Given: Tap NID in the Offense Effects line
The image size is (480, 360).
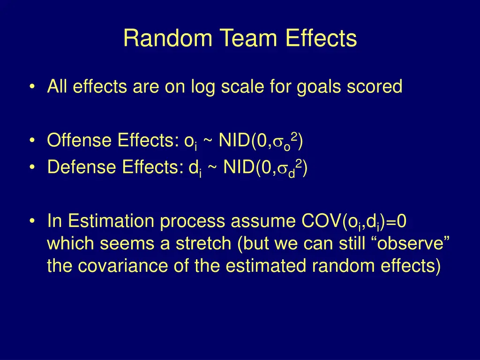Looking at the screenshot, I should [x=234, y=141].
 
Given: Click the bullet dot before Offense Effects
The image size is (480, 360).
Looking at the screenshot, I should [x=31, y=141].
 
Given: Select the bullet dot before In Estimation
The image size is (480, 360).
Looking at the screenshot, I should [x=31, y=221].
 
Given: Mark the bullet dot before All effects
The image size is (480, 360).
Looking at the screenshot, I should [x=31, y=87].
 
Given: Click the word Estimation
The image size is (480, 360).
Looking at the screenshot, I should [x=108, y=221].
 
